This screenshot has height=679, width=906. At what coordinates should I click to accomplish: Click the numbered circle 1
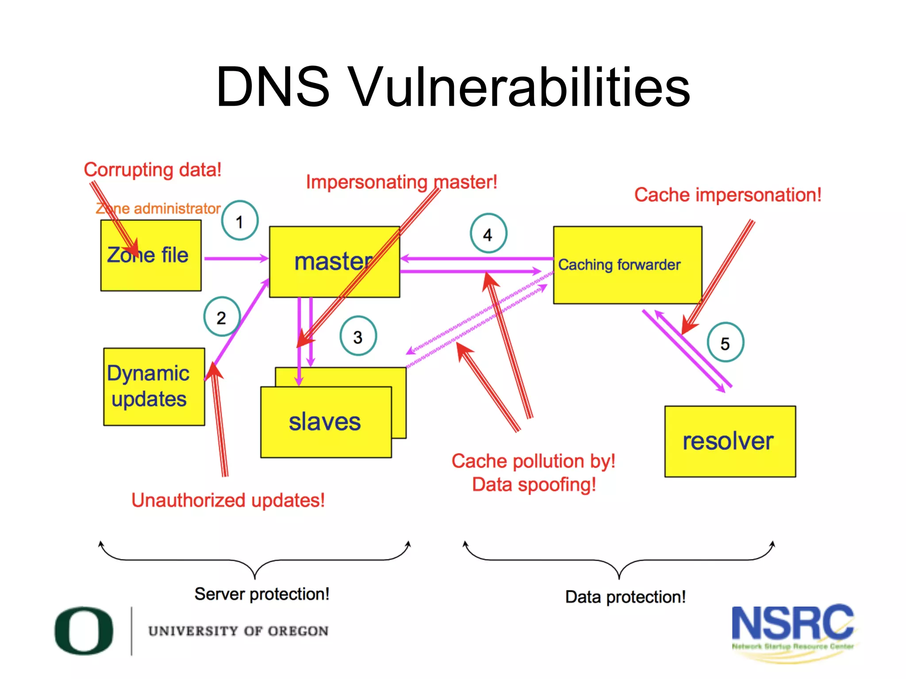pos(239,221)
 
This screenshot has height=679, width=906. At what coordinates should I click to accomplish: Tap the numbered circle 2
pos(222,317)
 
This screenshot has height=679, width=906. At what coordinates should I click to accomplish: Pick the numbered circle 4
pos(488,233)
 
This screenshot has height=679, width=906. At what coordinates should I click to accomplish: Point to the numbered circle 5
pos(725,343)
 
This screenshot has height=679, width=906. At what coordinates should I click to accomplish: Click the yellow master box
pos(334,262)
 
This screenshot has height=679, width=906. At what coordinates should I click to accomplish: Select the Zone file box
pos(151,256)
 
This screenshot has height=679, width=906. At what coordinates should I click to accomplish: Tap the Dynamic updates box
pos(154,386)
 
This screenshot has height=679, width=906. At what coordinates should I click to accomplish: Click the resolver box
pos(729,441)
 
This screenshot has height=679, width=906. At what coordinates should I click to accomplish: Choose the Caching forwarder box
pos(627,265)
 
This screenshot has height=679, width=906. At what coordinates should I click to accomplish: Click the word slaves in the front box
pos(325,422)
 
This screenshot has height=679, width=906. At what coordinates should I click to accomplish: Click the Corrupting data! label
pos(153,170)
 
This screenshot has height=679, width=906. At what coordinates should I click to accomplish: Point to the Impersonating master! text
pos(402,182)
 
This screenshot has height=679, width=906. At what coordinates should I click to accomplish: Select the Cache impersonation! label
pos(727,195)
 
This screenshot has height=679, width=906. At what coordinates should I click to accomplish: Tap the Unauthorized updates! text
pos(228,500)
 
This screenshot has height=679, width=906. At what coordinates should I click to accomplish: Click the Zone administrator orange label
pos(158,208)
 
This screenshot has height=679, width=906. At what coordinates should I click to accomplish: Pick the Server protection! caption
pos(261,594)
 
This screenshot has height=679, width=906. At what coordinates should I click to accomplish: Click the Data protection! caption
pos(625,597)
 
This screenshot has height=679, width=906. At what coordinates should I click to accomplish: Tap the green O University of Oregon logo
pos(84,630)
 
